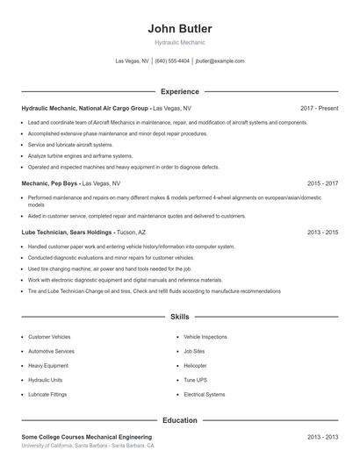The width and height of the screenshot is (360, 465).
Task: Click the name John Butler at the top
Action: [180, 29]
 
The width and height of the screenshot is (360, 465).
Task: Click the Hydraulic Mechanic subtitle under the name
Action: [180, 43]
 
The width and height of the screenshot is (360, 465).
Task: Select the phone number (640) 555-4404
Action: [172, 61]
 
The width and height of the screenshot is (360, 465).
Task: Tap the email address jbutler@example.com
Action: [220, 61]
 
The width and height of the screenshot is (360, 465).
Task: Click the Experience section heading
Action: [180, 91]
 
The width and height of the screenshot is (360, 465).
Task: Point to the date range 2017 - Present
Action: [319, 108]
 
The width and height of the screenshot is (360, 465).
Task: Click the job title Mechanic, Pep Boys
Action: [51, 184]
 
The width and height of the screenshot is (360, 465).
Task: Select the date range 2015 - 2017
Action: [322, 184]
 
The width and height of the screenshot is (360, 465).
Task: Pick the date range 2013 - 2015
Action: [322, 232]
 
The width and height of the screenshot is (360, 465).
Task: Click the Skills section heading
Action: [180, 316]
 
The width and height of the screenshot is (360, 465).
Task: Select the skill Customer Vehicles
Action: [49, 336]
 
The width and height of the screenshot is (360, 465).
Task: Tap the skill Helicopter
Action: [195, 365]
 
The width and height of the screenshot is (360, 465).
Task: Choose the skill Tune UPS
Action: [194, 380]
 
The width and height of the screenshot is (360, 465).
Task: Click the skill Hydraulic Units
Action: [46, 380]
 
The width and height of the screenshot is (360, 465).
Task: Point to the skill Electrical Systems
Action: [205, 394]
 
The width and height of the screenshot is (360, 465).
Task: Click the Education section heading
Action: [180, 420]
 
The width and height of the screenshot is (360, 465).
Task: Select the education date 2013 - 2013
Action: [322, 436]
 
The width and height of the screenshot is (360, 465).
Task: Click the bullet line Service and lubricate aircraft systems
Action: [70, 144]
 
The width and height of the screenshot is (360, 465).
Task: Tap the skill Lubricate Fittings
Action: [48, 394]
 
